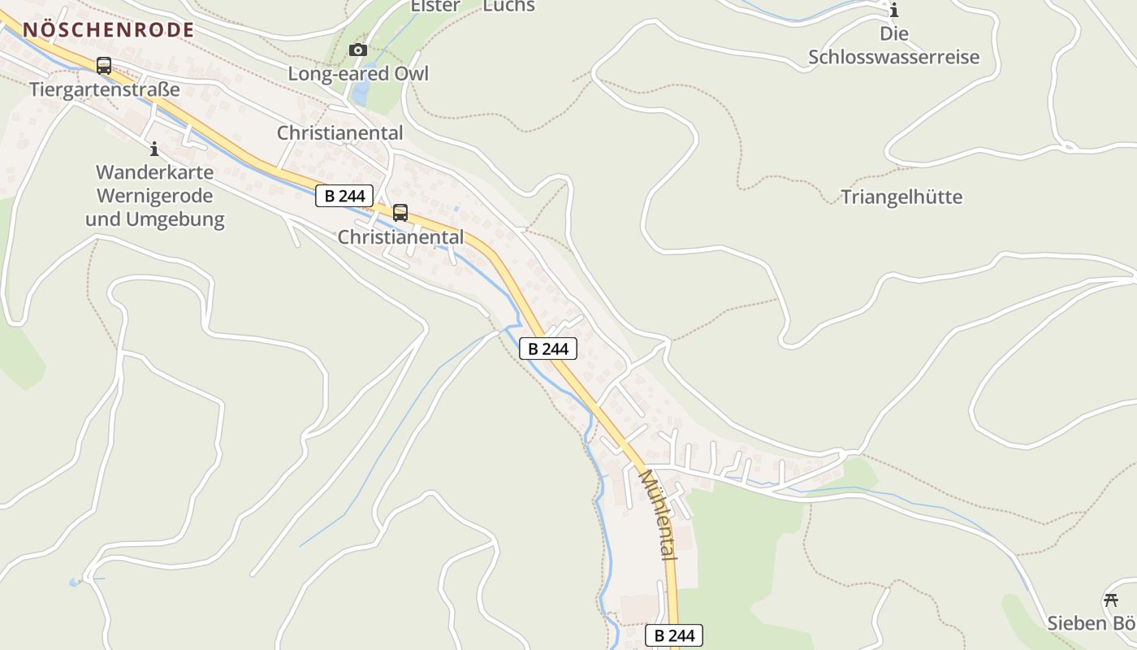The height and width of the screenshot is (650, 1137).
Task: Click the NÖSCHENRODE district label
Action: tap(108, 30)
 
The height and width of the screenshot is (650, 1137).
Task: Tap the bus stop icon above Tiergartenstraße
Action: tap(103, 66)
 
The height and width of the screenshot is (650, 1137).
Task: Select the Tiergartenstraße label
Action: tap(104, 89)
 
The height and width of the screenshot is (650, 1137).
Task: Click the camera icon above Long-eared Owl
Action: tap(357, 50)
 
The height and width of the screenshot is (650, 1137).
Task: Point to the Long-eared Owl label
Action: tap(358, 73)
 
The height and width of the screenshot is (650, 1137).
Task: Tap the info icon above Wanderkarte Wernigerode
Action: tap(154, 149)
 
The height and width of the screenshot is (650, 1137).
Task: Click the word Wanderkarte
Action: tap(154, 172)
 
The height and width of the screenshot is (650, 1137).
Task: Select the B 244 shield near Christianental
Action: tap(344, 196)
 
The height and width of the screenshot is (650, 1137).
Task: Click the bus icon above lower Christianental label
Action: tap(400, 213)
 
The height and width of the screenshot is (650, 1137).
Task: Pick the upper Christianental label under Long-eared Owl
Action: tap(339, 132)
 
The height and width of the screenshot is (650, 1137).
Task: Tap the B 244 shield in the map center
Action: tap(548, 349)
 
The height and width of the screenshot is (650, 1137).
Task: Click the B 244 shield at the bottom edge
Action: tap(673, 635)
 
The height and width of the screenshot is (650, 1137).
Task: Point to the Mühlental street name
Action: tap(657, 513)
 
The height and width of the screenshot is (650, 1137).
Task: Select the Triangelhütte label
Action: tap(901, 197)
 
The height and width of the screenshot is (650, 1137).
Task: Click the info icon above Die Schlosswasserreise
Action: tap(894, 11)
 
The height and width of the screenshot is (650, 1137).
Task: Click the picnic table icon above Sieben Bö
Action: tap(1111, 600)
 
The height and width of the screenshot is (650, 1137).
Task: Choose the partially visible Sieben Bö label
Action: tap(1091, 623)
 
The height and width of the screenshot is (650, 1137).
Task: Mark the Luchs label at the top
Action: tap(509, 6)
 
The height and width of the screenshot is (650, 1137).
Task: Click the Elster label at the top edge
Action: tap(435, 6)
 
